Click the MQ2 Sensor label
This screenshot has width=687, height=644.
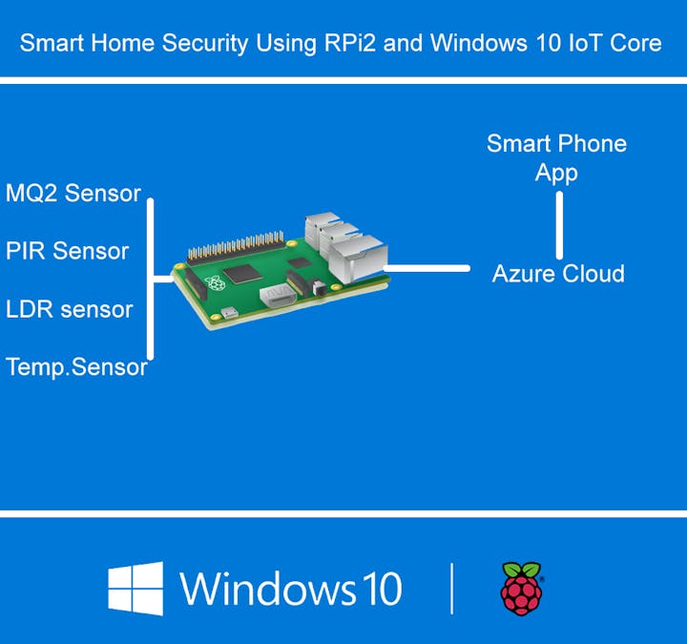point(73,194)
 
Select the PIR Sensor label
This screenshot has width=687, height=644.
point(67,251)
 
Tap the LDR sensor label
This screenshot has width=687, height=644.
point(69,309)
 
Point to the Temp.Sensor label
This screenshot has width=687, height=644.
point(76,366)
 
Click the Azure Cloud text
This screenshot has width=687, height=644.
point(558,274)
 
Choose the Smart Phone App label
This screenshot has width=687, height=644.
point(557,157)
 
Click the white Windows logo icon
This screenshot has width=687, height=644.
point(135,588)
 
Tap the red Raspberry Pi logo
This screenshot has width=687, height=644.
point(521,588)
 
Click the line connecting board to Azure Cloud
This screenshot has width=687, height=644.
point(429,269)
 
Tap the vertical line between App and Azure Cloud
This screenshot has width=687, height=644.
point(559,225)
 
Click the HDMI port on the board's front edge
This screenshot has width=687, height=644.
point(279,299)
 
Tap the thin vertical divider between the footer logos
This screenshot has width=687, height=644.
point(452,588)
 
